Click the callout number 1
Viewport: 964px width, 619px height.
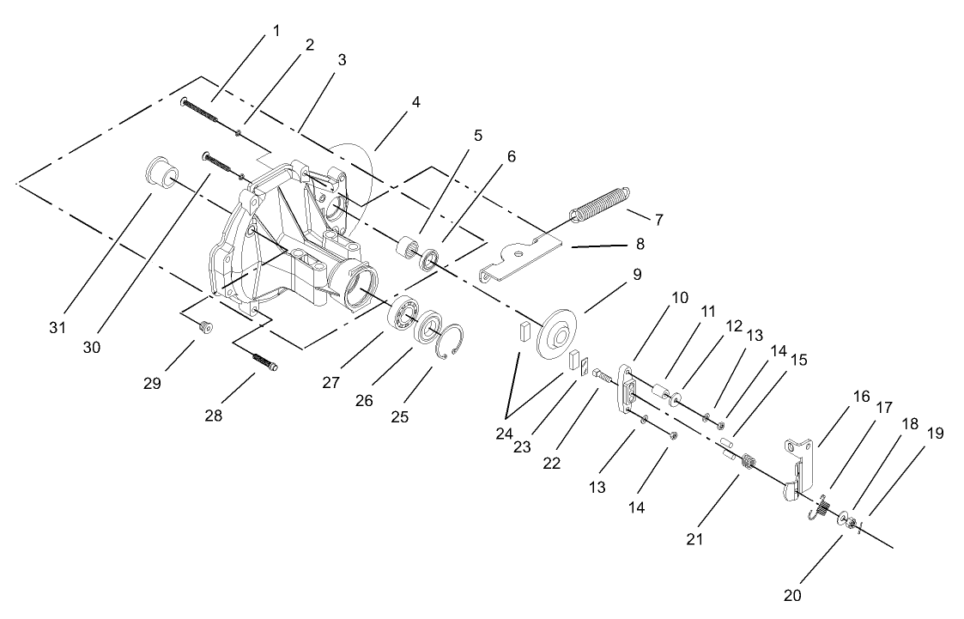276,30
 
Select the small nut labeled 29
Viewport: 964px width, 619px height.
205,325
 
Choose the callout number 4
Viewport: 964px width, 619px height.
415,101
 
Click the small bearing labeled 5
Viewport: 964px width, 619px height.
404,249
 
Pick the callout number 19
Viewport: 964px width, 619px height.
935,433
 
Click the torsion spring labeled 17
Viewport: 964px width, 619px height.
818,510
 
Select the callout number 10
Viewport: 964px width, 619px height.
679,298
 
